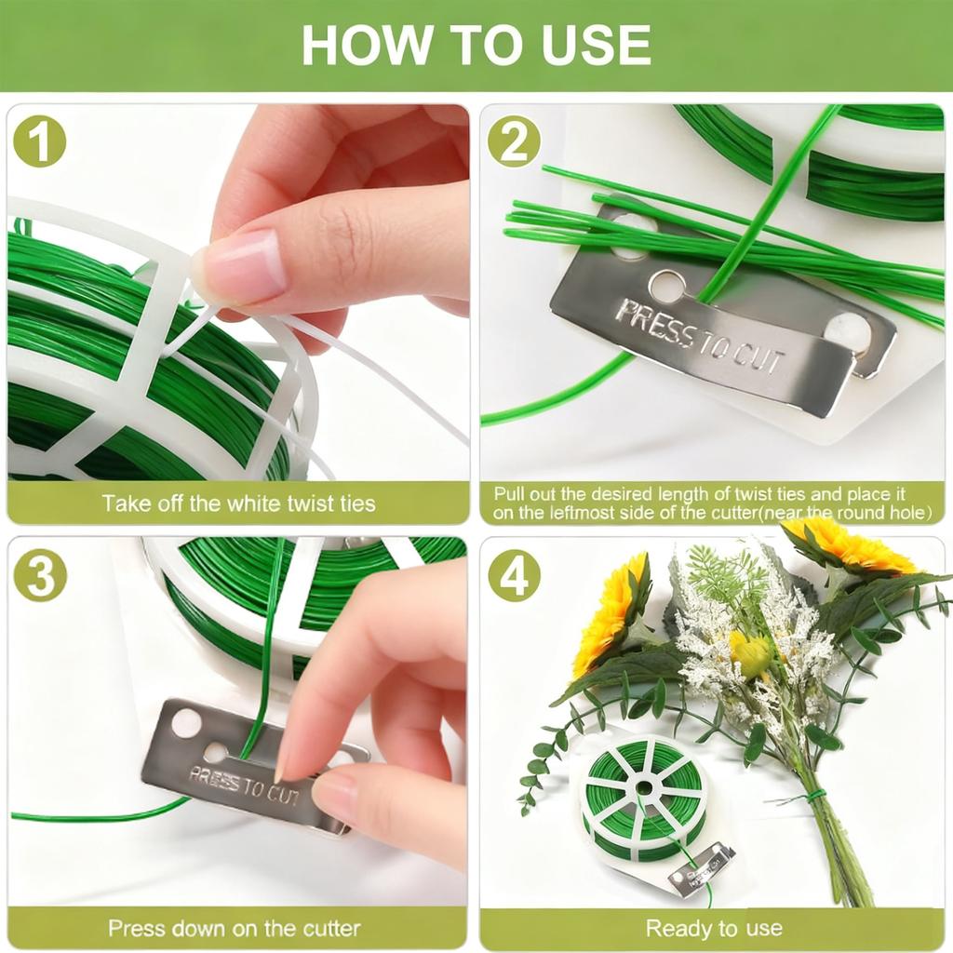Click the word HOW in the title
(x=365, y=45)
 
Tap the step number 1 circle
(x=39, y=141)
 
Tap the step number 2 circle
(x=514, y=141)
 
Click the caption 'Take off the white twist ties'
(x=238, y=503)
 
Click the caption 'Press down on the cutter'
(x=235, y=928)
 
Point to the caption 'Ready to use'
(x=714, y=928)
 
